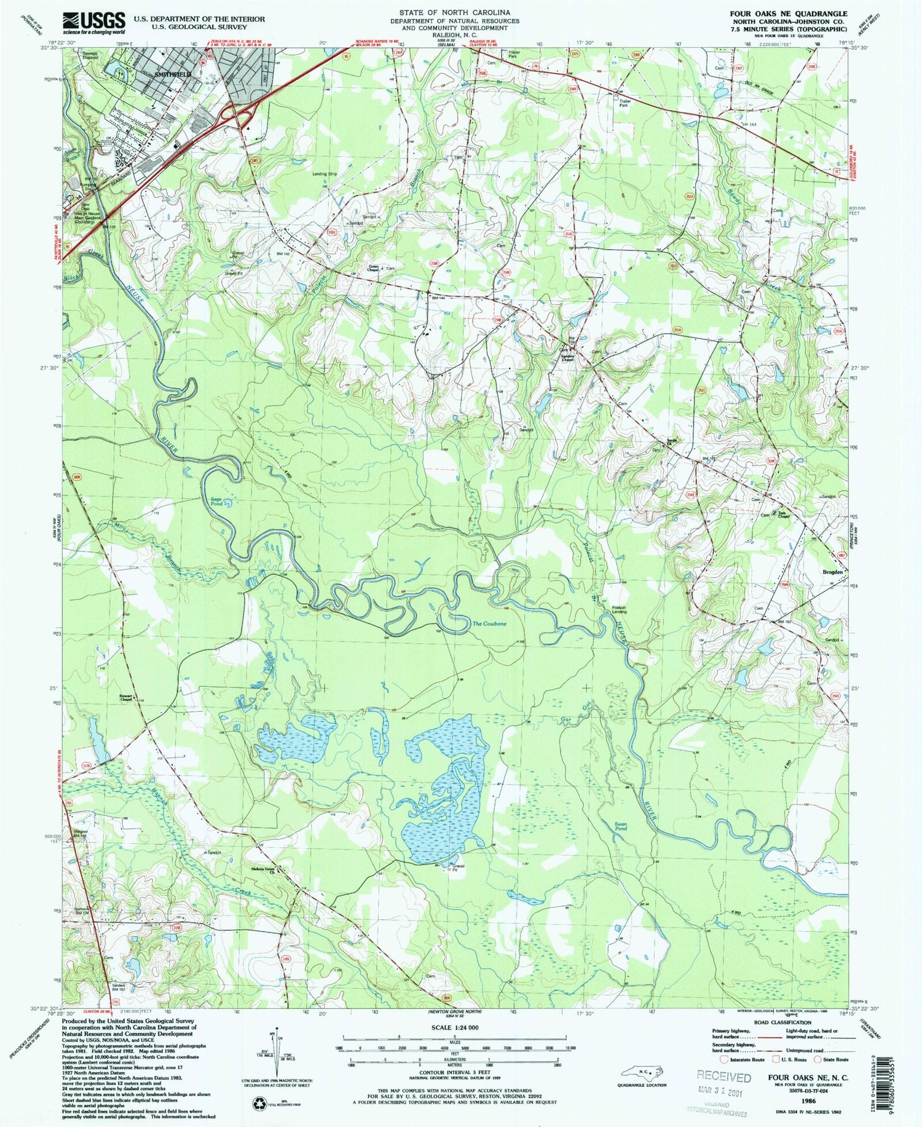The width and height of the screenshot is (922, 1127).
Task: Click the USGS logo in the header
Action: (94, 23)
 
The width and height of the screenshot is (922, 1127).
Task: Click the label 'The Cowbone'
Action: (489, 624)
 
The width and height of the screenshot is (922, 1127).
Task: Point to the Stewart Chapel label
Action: (127, 697)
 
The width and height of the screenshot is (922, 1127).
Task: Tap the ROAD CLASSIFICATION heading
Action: (783, 1021)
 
